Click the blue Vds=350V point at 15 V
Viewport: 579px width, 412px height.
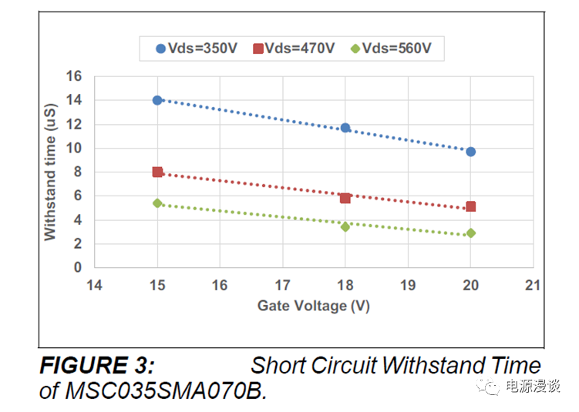click(157, 100)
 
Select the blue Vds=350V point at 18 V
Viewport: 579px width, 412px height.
click(345, 128)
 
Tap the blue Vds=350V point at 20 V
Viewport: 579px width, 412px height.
click(471, 152)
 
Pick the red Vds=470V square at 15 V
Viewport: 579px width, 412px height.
click(157, 172)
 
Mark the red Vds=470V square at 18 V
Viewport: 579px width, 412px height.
click(345, 198)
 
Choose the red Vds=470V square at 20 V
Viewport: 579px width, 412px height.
click(471, 206)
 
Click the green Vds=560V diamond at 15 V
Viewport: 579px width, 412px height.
click(157, 203)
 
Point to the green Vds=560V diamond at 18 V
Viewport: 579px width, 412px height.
click(345, 226)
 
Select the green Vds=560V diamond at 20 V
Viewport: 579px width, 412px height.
click(471, 233)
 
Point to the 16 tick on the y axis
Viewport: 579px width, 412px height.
click(74, 76)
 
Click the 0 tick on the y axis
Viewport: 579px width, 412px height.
click(77, 267)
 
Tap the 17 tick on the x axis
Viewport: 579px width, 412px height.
click(282, 285)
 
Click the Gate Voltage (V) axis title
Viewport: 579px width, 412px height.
click(313, 306)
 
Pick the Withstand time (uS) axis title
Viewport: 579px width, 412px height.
click(50, 172)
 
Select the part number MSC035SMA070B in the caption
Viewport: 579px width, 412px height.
click(164, 390)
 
